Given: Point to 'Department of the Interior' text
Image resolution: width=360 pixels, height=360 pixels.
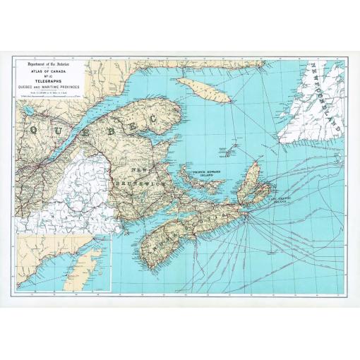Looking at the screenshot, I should tap(51, 62).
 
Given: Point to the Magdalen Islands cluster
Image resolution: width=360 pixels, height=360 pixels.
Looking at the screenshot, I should tap(228, 150).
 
